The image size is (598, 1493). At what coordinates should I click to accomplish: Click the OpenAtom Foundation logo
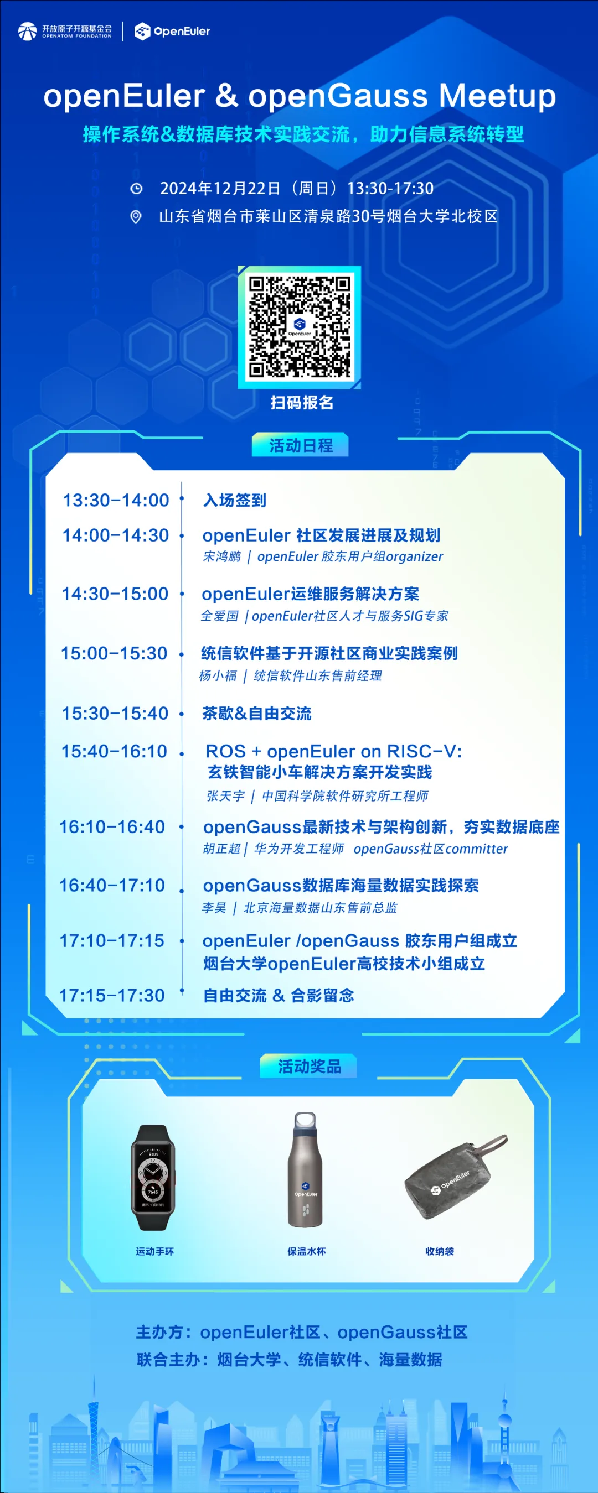pyautogui.click(x=65, y=32)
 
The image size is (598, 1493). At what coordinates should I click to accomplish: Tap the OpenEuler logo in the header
pyautogui.click(x=172, y=32)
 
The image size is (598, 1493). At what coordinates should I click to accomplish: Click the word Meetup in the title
pyautogui.click(x=497, y=96)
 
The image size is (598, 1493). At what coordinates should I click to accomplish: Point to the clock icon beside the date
pyautogui.click(x=136, y=189)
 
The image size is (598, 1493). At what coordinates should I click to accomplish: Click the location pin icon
pyautogui.click(x=136, y=217)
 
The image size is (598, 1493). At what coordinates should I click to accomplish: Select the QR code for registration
pyautogui.click(x=300, y=327)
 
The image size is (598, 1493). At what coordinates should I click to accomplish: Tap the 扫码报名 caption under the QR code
pyautogui.click(x=302, y=402)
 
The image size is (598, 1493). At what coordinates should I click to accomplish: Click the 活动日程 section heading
pyautogui.click(x=301, y=445)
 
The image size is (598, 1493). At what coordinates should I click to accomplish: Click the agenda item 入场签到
pyautogui.click(x=235, y=500)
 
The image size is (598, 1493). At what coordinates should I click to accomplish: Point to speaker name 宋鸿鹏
pyautogui.click(x=221, y=556)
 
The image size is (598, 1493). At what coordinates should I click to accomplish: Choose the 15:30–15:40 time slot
pyautogui.click(x=115, y=714)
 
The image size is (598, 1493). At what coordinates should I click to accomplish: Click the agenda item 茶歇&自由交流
pyautogui.click(x=256, y=714)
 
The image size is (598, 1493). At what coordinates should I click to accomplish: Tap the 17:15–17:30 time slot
pyautogui.click(x=112, y=995)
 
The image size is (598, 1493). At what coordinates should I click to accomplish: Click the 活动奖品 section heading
pyautogui.click(x=308, y=1067)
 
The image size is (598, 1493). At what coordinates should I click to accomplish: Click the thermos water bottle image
pyautogui.click(x=305, y=1169)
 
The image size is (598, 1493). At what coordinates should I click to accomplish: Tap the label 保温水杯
pyautogui.click(x=306, y=1251)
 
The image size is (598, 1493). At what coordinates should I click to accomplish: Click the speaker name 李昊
pyautogui.click(x=213, y=908)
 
